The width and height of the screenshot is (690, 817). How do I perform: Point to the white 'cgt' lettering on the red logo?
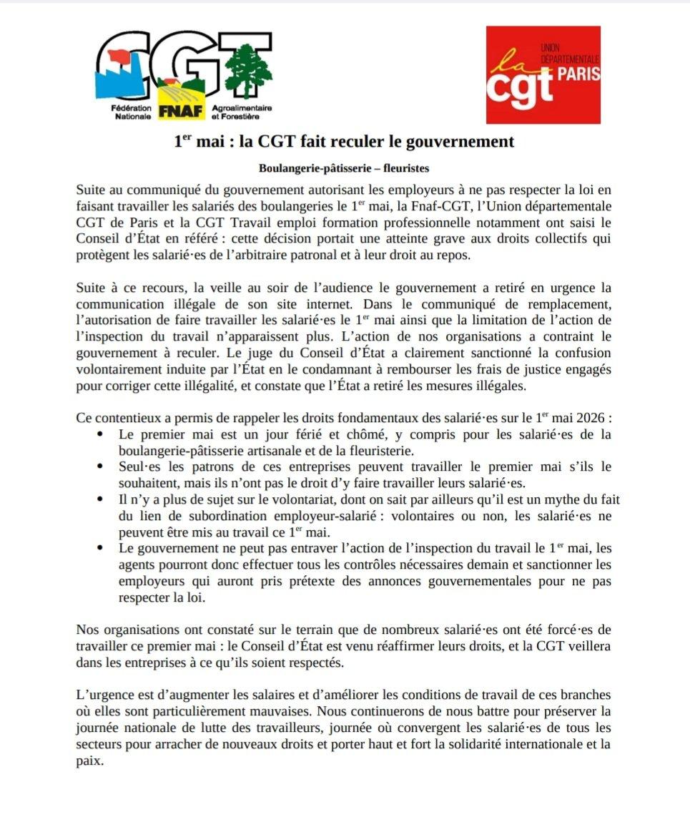click(520, 84)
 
